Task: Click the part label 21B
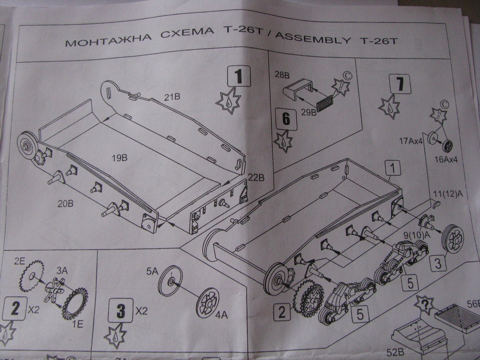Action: point(171,97)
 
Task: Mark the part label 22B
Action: point(256,178)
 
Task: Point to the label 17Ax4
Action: point(411,141)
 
